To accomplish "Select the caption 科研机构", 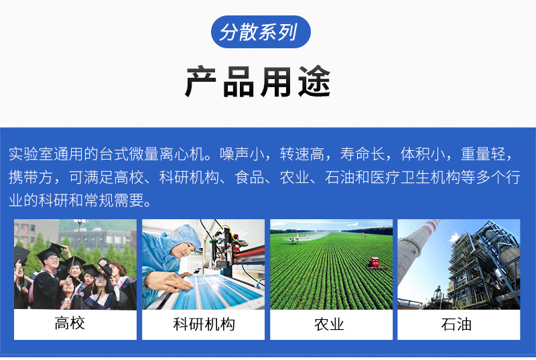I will [x=204, y=324].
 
